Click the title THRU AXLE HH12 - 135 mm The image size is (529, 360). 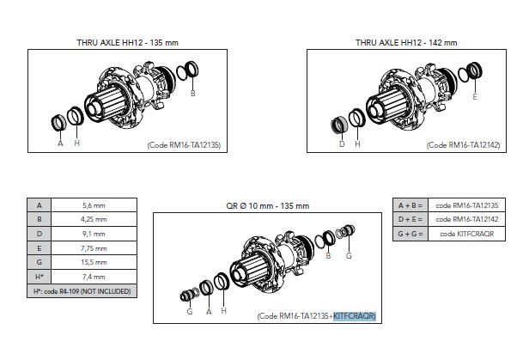tap(127, 42)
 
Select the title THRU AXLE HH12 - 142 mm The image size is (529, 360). tap(406, 42)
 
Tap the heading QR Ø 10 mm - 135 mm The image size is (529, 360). tap(268, 205)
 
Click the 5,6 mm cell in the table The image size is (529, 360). tap(94, 205)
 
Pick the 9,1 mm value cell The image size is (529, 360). tap(94, 234)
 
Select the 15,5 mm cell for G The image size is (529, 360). tap(94, 262)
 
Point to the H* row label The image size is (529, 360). tap(40, 277)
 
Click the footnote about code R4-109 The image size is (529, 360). tap(82, 291)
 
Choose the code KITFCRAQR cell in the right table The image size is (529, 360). tap(466, 234)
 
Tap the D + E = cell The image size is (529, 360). tap(410, 219)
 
